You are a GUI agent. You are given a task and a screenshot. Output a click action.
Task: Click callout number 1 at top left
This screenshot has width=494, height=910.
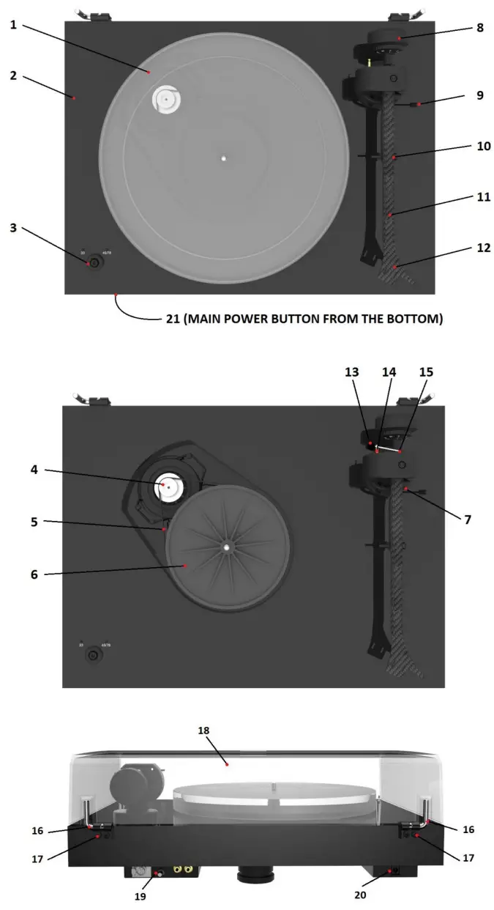click(14, 26)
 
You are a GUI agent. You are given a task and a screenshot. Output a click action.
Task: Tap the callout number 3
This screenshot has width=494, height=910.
click(14, 229)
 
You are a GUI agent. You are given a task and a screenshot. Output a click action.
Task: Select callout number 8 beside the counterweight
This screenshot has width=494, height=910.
click(479, 28)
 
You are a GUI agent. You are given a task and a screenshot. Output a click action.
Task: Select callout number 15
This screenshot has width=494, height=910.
click(425, 372)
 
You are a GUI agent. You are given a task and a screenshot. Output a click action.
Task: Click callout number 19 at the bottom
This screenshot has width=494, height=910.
click(141, 895)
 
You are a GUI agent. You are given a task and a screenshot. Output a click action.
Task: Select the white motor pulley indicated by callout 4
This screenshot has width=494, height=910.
click(168, 487)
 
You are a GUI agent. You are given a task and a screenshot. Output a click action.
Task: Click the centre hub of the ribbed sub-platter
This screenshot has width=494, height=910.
click(227, 546)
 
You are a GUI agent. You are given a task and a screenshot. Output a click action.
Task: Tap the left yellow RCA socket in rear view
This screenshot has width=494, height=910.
click(177, 869)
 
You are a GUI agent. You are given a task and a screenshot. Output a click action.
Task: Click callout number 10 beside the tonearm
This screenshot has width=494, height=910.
click(483, 147)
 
